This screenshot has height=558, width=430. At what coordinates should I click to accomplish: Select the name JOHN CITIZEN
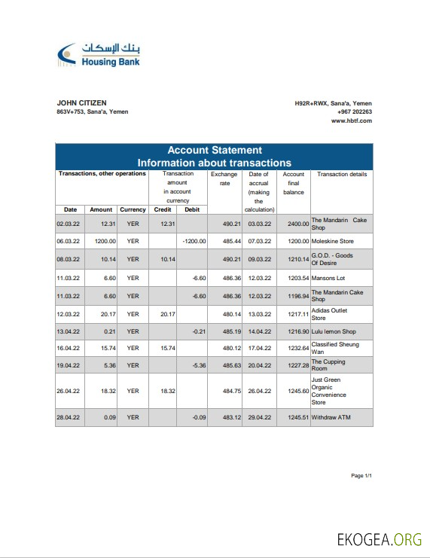[81, 103]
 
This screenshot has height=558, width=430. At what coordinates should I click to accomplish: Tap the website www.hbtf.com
[352, 120]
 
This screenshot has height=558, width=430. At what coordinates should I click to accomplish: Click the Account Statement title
[214, 150]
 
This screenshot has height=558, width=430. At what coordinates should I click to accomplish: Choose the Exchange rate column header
[224, 178]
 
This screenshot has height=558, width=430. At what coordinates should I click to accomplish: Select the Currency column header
[133, 209]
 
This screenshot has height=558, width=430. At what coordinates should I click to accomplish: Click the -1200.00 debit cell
[194, 241]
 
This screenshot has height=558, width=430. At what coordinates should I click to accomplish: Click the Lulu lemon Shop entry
[334, 331]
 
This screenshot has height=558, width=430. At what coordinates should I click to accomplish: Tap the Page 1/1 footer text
[361, 476]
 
